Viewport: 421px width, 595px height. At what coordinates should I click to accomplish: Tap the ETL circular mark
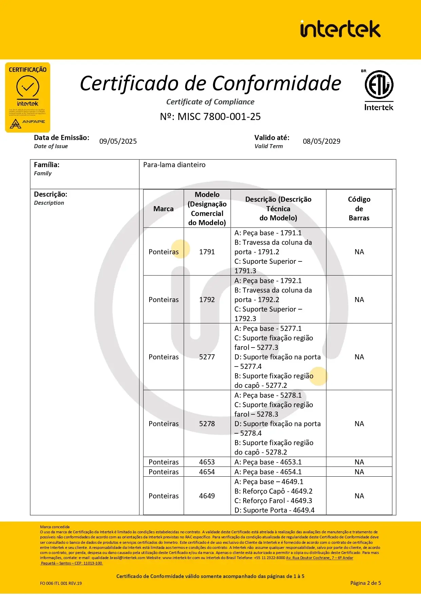point(379,84)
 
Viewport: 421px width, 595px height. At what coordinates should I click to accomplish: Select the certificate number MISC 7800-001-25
point(210,117)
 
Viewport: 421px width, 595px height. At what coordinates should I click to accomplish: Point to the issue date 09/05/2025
point(118,141)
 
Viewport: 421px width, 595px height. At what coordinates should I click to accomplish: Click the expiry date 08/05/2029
point(321,141)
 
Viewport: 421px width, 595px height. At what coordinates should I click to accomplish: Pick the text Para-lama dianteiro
point(174,165)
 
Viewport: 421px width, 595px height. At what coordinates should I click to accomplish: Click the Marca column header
point(163,209)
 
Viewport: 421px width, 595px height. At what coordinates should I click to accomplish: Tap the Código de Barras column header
point(359,209)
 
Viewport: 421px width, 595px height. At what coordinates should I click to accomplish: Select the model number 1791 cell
point(207,252)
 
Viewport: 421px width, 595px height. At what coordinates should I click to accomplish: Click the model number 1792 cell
point(207,300)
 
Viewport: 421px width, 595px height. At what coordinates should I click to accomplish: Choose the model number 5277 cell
point(207,357)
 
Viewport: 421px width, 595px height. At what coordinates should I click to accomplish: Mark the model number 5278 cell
point(207,424)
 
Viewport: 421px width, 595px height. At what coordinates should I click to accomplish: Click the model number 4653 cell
point(207,462)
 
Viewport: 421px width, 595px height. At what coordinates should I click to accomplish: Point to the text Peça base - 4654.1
point(272,472)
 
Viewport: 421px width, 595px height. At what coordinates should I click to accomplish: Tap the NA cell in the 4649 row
point(359,496)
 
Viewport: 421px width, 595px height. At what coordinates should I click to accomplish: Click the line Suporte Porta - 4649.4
point(274,510)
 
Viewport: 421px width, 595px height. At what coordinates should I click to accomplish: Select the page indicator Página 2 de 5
point(365,583)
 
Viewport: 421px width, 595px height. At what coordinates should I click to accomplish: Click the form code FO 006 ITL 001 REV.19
point(61,583)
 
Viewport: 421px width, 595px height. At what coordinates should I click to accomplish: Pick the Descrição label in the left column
point(51,195)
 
